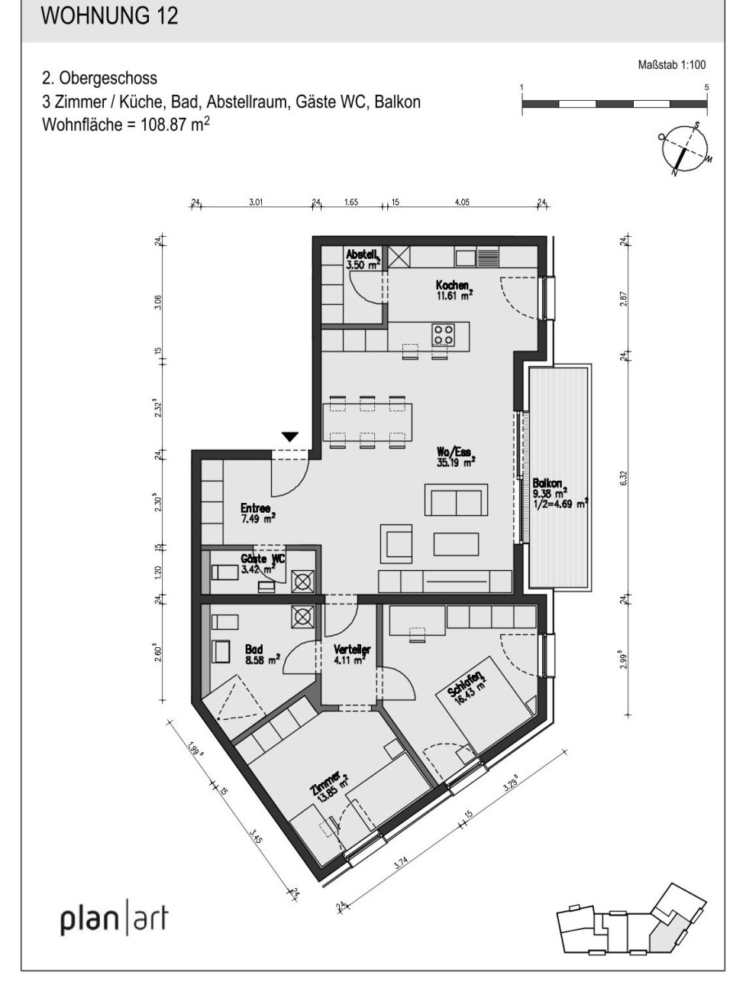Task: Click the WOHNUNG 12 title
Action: click(x=110, y=16)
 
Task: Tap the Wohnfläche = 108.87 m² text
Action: click(x=127, y=125)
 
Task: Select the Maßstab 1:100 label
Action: click(x=671, y=66)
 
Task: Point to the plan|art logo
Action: click(x=114, y=920)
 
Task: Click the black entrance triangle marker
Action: click(x=289, y=437)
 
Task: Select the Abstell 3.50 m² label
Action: click(x=362, y=260)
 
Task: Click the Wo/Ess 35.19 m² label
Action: click(x=456, y=456)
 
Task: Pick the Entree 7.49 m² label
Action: click(x=257, y=512)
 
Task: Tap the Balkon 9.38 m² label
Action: click(x=558, y=493)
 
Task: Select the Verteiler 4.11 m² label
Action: click(x=351, y=653)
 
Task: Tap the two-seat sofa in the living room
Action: click(x=455, y=503)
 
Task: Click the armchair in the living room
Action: click(x=399, y=543)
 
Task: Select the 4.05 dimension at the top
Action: click(x=461, y=203)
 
